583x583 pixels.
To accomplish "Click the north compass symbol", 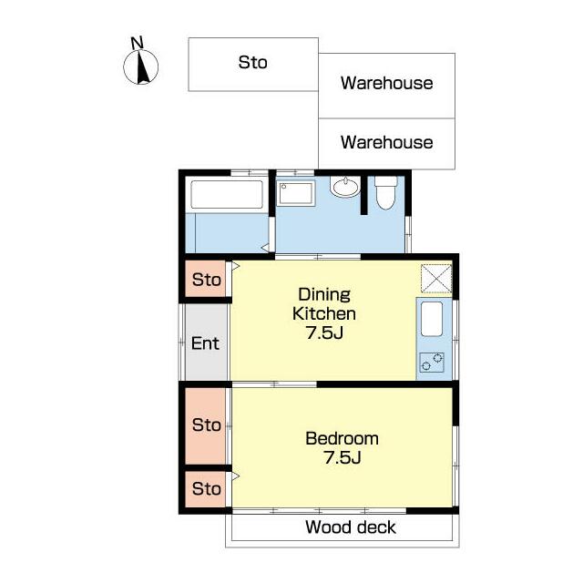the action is click(140, 66).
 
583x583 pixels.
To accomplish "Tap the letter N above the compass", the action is click(138, 43).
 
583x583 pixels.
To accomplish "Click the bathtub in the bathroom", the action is click(227, 194).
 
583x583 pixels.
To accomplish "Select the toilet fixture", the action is click(385, 192).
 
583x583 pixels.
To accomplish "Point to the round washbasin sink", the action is click(345, 187).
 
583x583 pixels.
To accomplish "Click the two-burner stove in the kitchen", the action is click(432, 363).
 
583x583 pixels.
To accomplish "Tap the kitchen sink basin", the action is click(432, 319).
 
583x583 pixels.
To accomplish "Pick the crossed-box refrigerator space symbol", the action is click(436, 279).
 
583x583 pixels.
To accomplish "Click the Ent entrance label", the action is click(205, 343).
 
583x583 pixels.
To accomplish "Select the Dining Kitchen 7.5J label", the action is click(324, 313).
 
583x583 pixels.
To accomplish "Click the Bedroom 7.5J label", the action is click(343, 448).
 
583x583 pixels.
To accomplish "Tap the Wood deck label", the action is click(351, 527).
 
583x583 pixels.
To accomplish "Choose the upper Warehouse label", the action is click(386, 83).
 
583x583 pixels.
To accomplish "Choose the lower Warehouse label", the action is click(386, 142).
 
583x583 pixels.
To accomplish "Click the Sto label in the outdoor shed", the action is click(253, 62).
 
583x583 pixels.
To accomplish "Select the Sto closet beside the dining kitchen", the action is click(206, 280).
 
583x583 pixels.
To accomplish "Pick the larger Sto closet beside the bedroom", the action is click(206, 426).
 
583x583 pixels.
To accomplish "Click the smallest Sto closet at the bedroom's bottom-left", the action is click(206, 489).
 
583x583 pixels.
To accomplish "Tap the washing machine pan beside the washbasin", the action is click(296, 193).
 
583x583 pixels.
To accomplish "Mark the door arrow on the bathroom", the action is click(265, 247).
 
